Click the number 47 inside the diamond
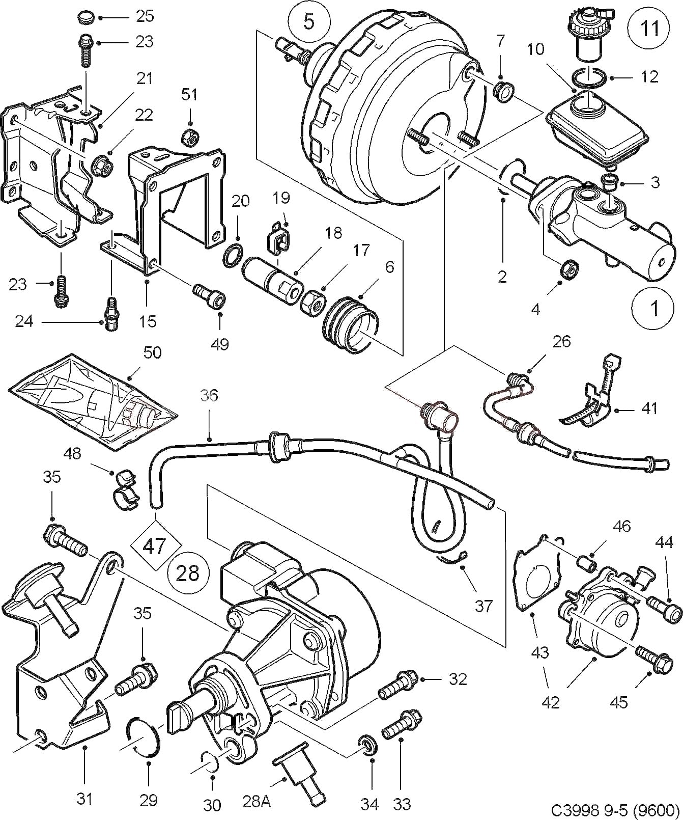[155, 546]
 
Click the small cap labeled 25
[88, 18]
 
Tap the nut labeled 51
[190, 136]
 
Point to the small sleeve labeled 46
[585, 564]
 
